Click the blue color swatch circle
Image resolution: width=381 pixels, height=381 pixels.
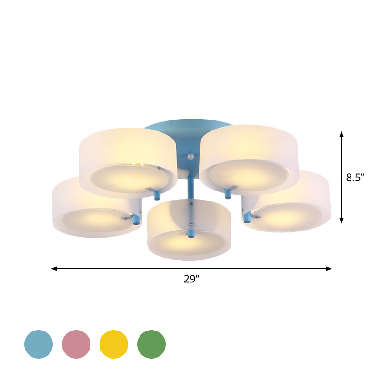[39, 344]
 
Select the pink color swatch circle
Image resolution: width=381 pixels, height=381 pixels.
[76, 344]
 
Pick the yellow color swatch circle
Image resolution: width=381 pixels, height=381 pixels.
[114, 344]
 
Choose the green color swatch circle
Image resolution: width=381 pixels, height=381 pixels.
[151, 344]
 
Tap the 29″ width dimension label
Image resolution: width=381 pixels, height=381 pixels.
[191, 280]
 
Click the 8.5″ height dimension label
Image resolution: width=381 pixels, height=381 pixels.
[355, 178]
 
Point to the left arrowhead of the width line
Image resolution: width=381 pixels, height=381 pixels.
[53, 269]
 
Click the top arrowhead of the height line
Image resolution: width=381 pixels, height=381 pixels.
[341, 134]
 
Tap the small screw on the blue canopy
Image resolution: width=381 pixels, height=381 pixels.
[191, 156]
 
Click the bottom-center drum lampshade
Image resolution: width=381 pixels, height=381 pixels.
[189, 231]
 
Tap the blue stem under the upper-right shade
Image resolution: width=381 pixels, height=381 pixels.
[228, 193]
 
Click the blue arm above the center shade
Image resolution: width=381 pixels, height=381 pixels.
[190, 188]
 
